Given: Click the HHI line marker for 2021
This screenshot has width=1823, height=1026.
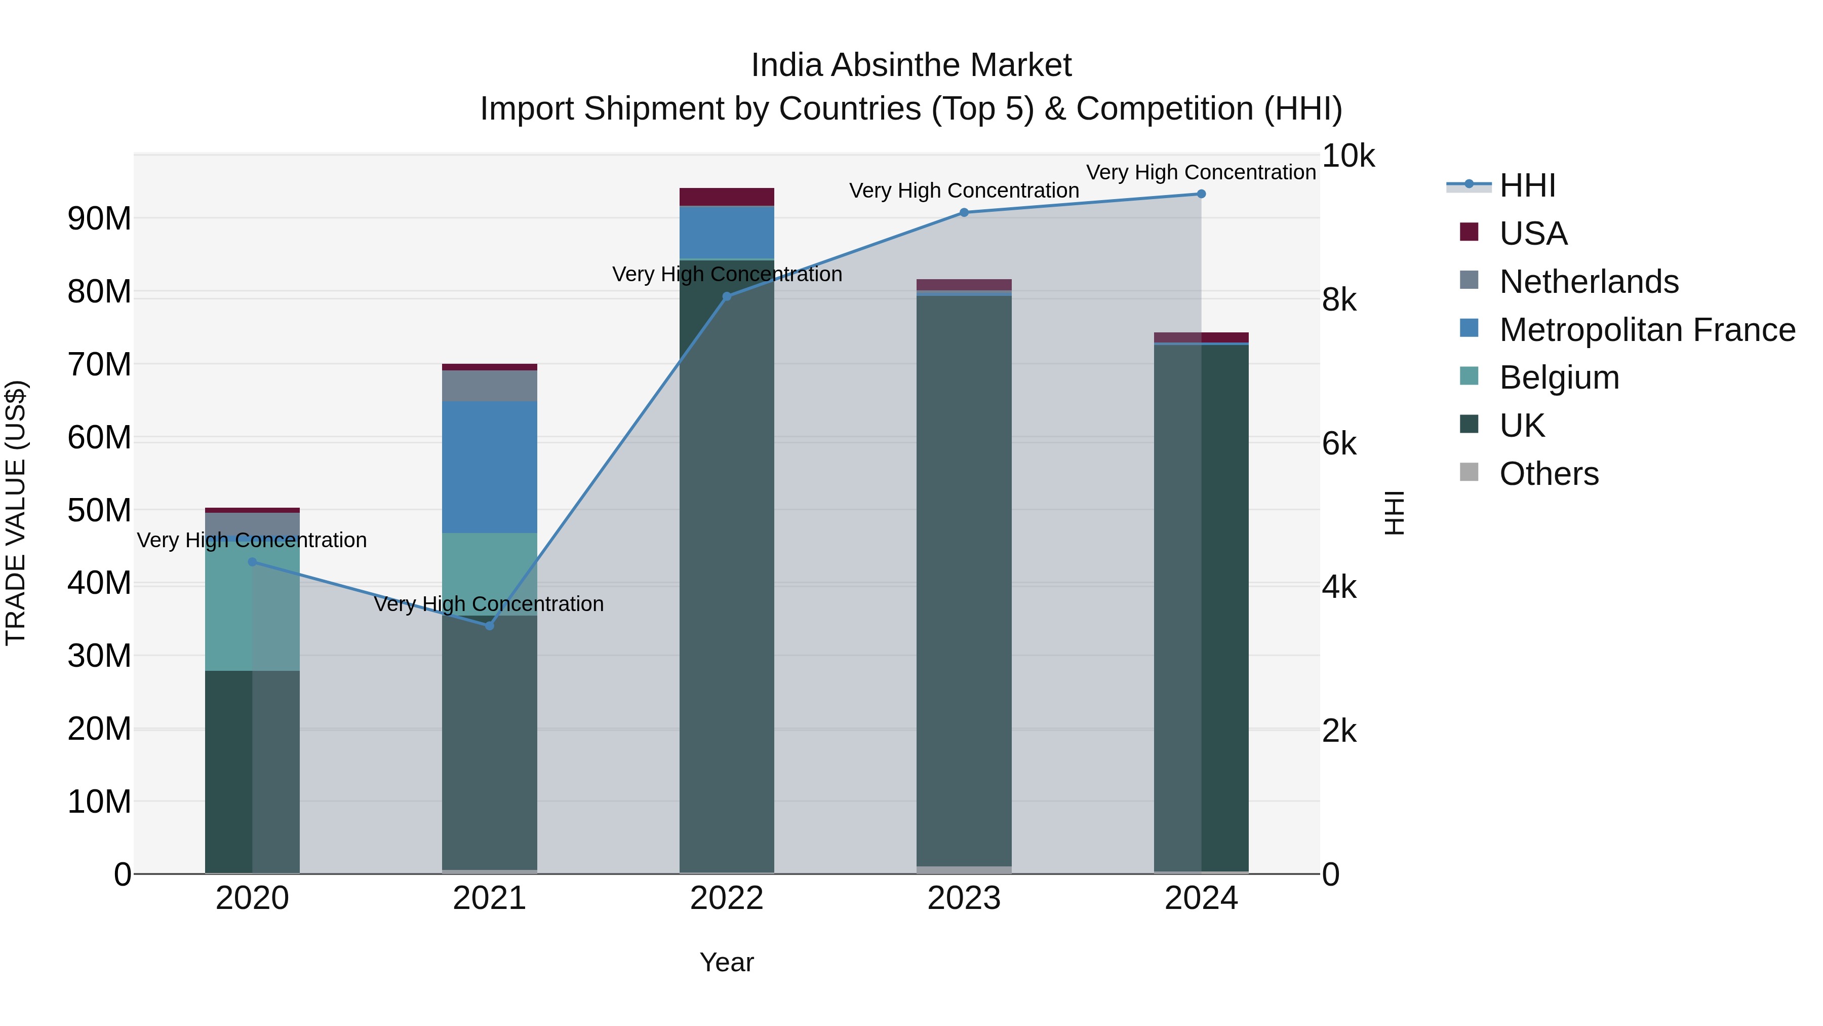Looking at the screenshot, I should [x=489, y=625].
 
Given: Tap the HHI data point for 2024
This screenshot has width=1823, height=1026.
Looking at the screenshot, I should [x=1201, y=194].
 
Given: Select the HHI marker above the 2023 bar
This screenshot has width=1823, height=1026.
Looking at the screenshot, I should [x=964, y=212].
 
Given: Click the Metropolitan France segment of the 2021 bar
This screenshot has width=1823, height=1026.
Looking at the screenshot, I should [x=489, y=467].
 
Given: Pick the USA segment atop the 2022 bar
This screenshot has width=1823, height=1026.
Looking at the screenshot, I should [x=727, y=197].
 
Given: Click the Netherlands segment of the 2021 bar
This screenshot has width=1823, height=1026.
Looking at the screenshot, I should [x=489, y=386].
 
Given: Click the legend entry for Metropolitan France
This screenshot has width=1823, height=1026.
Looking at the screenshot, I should [x=1647, y=330].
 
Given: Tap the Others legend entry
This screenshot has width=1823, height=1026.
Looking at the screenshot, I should [x=1549, y=474].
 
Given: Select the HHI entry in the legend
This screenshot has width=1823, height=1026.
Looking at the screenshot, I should [x=1527, y=185].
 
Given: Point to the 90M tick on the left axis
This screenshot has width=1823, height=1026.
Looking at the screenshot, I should [x=99, y=219].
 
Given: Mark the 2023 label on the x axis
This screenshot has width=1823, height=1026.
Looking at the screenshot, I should [x=964, y=898].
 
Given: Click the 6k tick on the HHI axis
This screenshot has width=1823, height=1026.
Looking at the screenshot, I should [x=1339, y=444].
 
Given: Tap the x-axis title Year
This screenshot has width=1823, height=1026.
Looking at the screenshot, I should [x=727, y=962].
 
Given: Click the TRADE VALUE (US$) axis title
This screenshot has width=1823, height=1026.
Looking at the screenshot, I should [x=16, y=513].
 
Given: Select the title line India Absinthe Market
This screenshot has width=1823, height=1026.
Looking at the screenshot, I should [x=911, y=65].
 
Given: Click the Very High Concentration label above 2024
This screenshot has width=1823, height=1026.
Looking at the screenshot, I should [x=1201, y=172].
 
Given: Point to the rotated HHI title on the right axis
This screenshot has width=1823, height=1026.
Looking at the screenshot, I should [x=1394, y=513].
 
